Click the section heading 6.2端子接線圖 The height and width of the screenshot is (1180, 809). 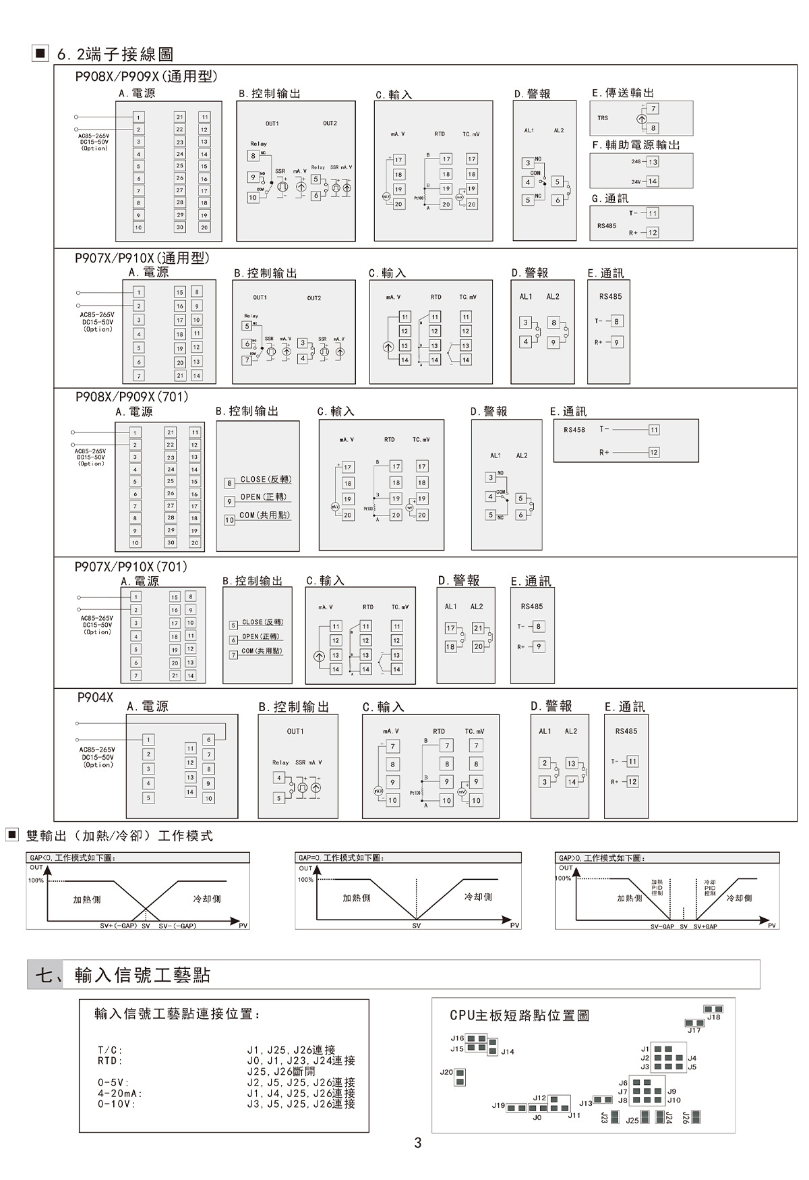pos(115,54)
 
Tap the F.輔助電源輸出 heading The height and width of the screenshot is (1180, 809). pos(636,145)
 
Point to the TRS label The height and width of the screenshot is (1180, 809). pos(603,118)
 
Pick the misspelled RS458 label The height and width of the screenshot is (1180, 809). pos(574,430)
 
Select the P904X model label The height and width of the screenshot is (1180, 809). pos(95,698)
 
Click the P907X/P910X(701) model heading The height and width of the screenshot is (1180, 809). pos(131,567)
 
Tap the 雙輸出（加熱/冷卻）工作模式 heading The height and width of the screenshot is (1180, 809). pos(119,836)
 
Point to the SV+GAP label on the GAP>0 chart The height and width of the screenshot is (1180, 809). pos(705,927)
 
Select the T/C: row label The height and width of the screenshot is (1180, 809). pos(111,1050)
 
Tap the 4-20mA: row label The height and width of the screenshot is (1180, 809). pos(120,1094)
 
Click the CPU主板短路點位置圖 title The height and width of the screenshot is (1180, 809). pos(519,1015)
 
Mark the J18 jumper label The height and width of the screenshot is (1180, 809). pos(713,1017)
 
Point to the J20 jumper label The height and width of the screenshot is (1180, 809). pos(446,1072)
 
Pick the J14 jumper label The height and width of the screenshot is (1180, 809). pos(507,1052)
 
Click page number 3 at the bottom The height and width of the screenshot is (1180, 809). pos(418,1143)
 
